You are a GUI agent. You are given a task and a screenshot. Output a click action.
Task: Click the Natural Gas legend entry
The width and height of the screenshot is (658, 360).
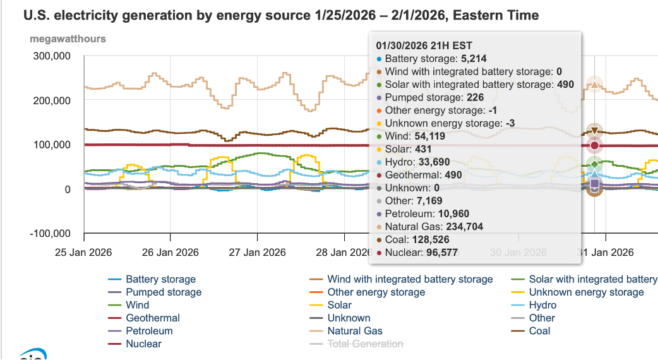tap(355, 331)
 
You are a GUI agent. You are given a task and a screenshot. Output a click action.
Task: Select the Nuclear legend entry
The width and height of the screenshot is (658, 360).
tap(143, 344)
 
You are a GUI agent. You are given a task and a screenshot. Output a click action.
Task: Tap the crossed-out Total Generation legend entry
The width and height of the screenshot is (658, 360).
tap(365, 344)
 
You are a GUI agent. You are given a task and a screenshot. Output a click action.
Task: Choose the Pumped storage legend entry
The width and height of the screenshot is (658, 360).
tap(164, 292)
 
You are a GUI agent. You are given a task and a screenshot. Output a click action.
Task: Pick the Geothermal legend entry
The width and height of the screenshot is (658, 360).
tap(153, 318)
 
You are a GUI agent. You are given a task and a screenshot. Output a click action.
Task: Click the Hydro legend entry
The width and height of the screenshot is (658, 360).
tap(542, 305)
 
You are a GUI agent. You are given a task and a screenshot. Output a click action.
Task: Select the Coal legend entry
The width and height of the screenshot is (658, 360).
tap(539, 331)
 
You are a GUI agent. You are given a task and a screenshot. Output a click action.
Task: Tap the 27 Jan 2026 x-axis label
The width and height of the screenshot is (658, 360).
tap(258, 253)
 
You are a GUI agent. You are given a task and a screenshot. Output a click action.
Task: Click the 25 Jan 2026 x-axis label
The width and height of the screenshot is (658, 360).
tap(83, 253)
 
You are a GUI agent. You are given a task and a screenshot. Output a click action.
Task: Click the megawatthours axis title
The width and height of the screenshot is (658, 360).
tap(68, 39)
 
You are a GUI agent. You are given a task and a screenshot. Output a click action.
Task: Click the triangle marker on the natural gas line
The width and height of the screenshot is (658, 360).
tap(594, 84)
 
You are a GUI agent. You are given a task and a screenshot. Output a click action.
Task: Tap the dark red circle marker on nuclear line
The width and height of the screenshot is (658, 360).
tap(594, 146)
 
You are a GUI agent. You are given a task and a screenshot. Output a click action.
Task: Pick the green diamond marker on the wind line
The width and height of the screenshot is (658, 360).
tap(594, 164)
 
